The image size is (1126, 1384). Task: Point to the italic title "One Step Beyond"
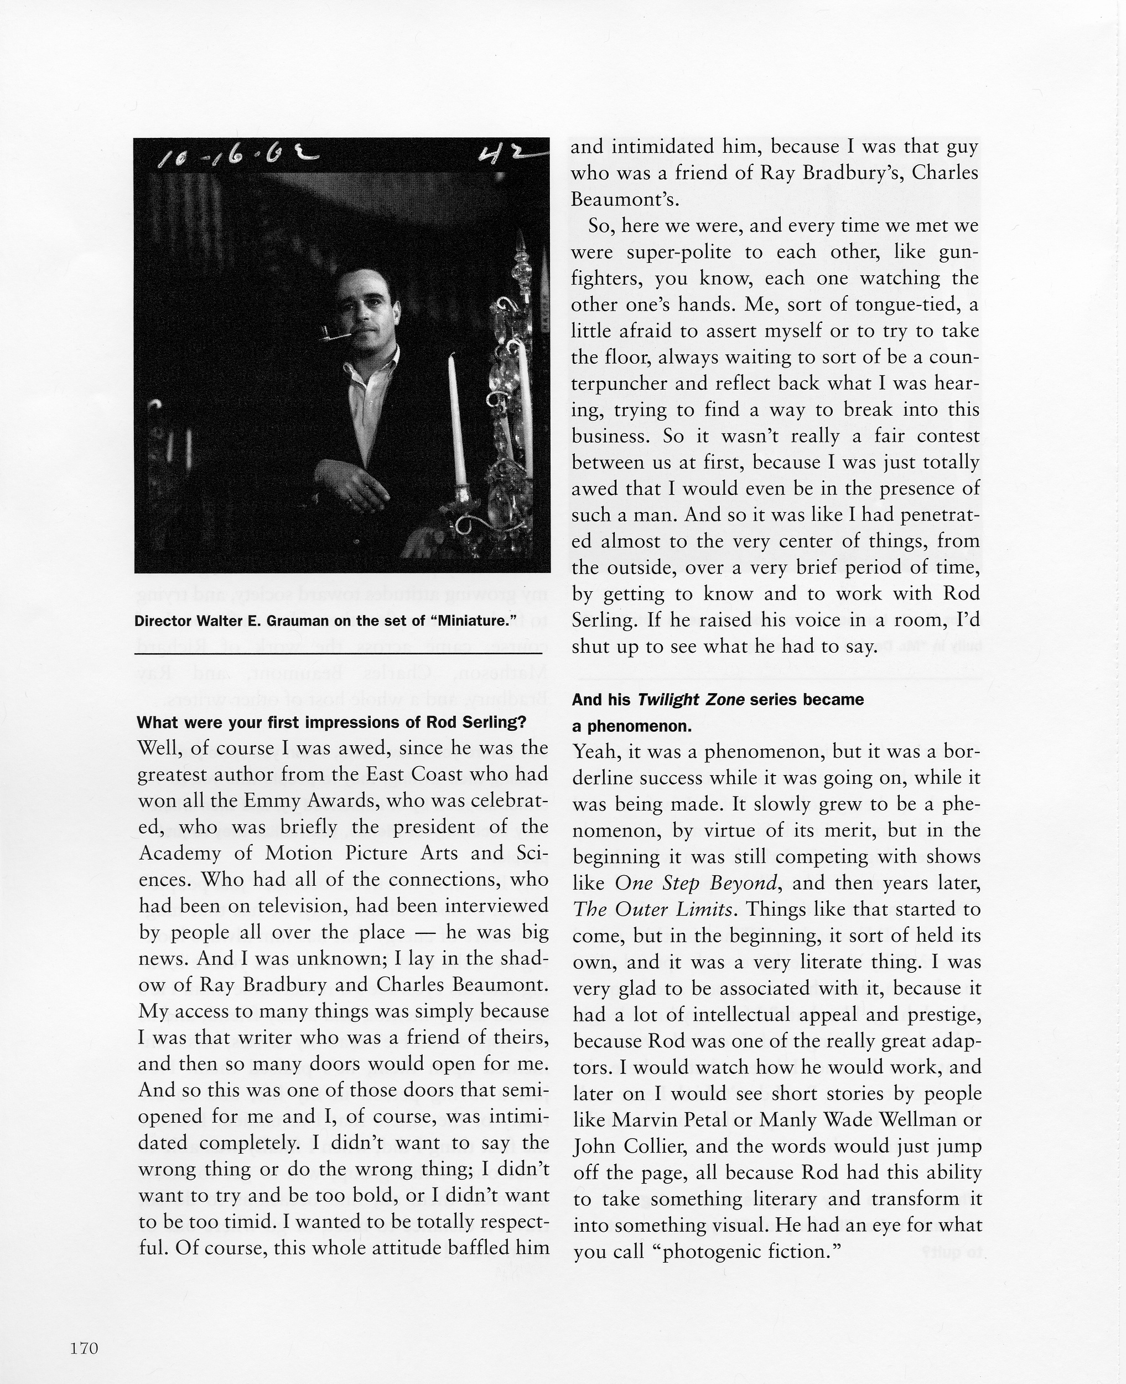(696, 883)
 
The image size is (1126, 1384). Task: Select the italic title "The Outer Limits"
(653, 910)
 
